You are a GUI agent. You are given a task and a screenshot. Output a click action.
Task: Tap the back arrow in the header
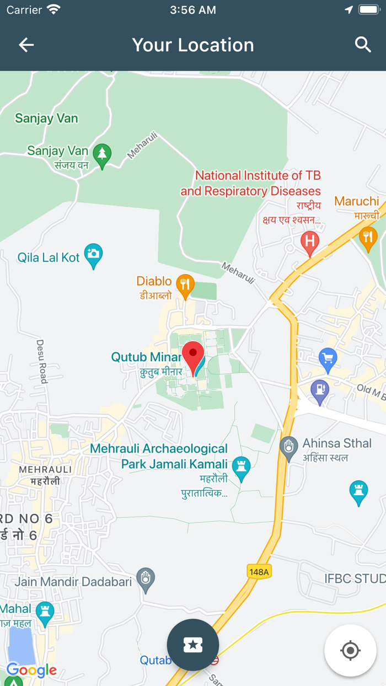click(x=26, y=45)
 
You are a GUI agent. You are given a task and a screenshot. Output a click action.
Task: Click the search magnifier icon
click(x=363, y=45)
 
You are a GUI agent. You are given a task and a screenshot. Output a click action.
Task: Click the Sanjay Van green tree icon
click(x=102, y=155)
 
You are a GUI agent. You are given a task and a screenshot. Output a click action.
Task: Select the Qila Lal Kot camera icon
click(x=94, y=255)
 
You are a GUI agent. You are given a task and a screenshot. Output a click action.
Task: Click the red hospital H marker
click(x=310, y=242)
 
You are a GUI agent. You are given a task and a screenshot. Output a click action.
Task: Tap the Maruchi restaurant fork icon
click(x=368, y=238)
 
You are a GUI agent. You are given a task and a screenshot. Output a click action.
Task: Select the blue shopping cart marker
click(x=328, y=360)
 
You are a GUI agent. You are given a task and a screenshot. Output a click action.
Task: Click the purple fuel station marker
click(x=320, y=390)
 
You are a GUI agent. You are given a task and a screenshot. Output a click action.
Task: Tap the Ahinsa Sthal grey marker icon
click(x=288, y=448)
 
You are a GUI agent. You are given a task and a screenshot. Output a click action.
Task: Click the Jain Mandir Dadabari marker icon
click(x=146, y=579)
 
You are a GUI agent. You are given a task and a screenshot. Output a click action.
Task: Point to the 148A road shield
click(x=259, y=572)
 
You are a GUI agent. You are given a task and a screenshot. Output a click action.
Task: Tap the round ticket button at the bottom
click(x=193, y=645)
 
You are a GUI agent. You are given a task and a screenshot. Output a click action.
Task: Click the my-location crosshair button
click(x=350, y=651)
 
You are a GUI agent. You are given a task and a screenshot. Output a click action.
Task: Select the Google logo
click(x=31, y=670)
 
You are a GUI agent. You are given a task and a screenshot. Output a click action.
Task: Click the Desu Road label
click(x=41, y=361)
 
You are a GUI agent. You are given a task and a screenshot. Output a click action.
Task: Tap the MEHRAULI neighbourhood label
click(x=46, y=469)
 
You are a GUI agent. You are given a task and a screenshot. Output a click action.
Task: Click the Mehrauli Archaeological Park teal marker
click(x=240, y=467)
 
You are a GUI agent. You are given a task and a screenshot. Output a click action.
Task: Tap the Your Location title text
click(x=193, y=45)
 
